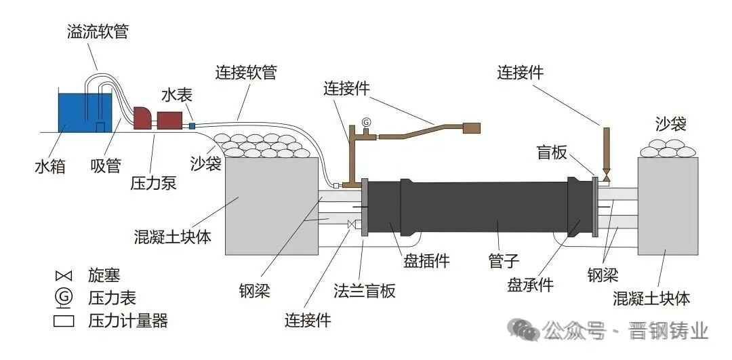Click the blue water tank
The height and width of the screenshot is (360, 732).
[85, 113]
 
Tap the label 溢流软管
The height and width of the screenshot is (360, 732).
[97, 33]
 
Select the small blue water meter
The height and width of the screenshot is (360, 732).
[192, 125]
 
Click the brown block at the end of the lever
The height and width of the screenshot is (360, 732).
[472, 127]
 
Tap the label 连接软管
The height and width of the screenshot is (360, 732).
[246, 73]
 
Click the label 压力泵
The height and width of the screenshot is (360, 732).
[153, 183]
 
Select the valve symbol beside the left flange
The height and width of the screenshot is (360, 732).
[352, 225]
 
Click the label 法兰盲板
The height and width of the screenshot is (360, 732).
[365, 290]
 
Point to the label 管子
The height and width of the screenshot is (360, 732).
[503, 260]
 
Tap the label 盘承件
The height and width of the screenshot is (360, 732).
[530, 284]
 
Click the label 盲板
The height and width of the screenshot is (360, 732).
[552, 152]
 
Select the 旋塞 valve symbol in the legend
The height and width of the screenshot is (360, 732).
[64, 276]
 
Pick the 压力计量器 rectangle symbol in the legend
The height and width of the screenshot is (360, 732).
[64, 321]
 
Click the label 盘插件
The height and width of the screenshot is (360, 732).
[427, 260]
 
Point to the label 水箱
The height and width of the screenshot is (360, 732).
[50, 165]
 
